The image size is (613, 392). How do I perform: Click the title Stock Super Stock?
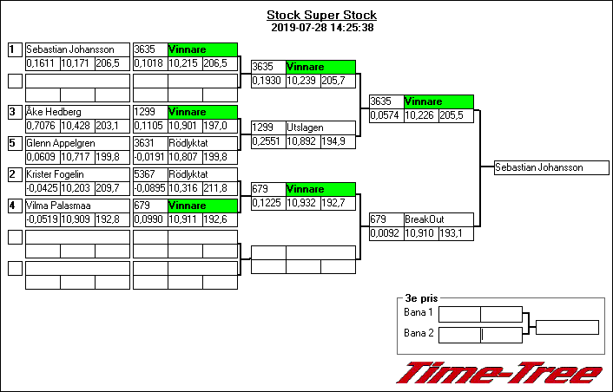tap(321, 16)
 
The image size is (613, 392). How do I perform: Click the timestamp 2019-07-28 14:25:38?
tap(321, 28)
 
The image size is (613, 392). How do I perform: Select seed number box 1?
tap(14, 50)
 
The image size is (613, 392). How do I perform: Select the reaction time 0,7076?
tap(42, 126)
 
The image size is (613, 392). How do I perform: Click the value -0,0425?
tap(42, 188)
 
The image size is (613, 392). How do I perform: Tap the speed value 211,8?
tap(220, 188)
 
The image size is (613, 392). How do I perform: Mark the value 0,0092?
tap(386, 233)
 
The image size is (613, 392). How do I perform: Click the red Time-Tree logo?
tap(499, 372)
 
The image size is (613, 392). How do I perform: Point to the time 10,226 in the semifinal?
tap(421, 115)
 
